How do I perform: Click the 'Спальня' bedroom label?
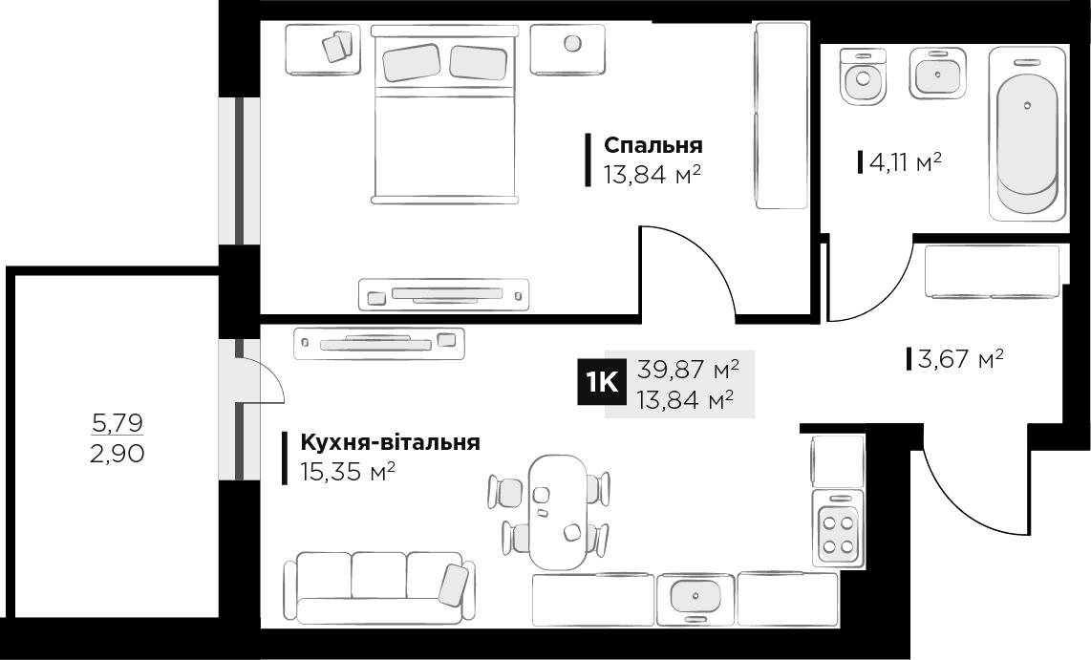(x=653, y=145)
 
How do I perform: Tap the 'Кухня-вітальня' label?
(x=390, y=443)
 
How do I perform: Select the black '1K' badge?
(x=601, y=383)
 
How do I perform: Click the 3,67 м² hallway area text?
(x=960, y=359)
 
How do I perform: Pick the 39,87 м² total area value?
(x=689, y=369)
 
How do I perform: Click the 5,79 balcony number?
(x=117, y=420)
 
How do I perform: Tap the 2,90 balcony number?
(x=117, y=454)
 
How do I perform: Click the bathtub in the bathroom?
(x=1027, y=133)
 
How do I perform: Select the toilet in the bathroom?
(x=864, y=75)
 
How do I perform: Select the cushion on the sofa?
(x=453, y=584)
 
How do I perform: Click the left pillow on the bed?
(x=412, y=62)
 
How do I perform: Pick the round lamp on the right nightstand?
(x=572, y=43)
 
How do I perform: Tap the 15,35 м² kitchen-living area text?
(x=348, y=472)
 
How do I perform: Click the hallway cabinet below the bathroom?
(x=992, y=271)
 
